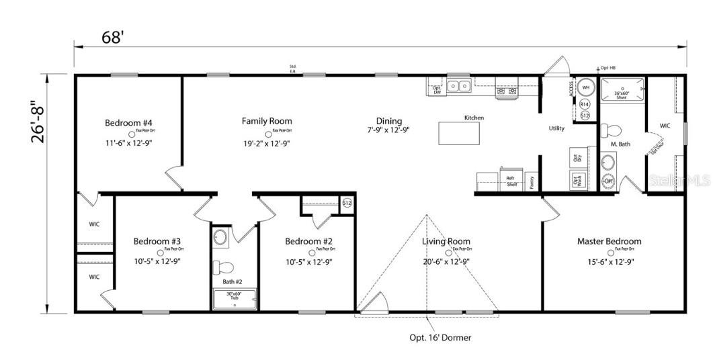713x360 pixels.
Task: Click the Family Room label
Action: click(x=267, y=122)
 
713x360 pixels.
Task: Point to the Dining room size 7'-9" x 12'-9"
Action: click(x=388, y=130)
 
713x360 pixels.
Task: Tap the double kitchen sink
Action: click(x=459, y=86)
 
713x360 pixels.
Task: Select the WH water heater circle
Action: click(x=585, y=88)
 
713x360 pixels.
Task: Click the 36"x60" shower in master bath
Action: click(x=622, y=92)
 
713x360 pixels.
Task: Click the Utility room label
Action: click(x=556, y=128)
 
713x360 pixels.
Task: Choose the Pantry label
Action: click(x=532, y=181)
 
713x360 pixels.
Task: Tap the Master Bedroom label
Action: click(x=609, y=241)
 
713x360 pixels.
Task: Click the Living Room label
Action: click(x=446, y=241)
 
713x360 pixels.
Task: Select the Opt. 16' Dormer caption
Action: click(x=440, y=338)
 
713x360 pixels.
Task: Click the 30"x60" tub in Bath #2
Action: click(x=235, y=298)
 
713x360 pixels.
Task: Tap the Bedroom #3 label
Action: click(x=157, y=241)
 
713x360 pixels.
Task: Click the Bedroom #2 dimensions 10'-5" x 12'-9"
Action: click(x=308, y=262)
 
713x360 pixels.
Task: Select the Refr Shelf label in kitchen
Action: click(x=511, y=181)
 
